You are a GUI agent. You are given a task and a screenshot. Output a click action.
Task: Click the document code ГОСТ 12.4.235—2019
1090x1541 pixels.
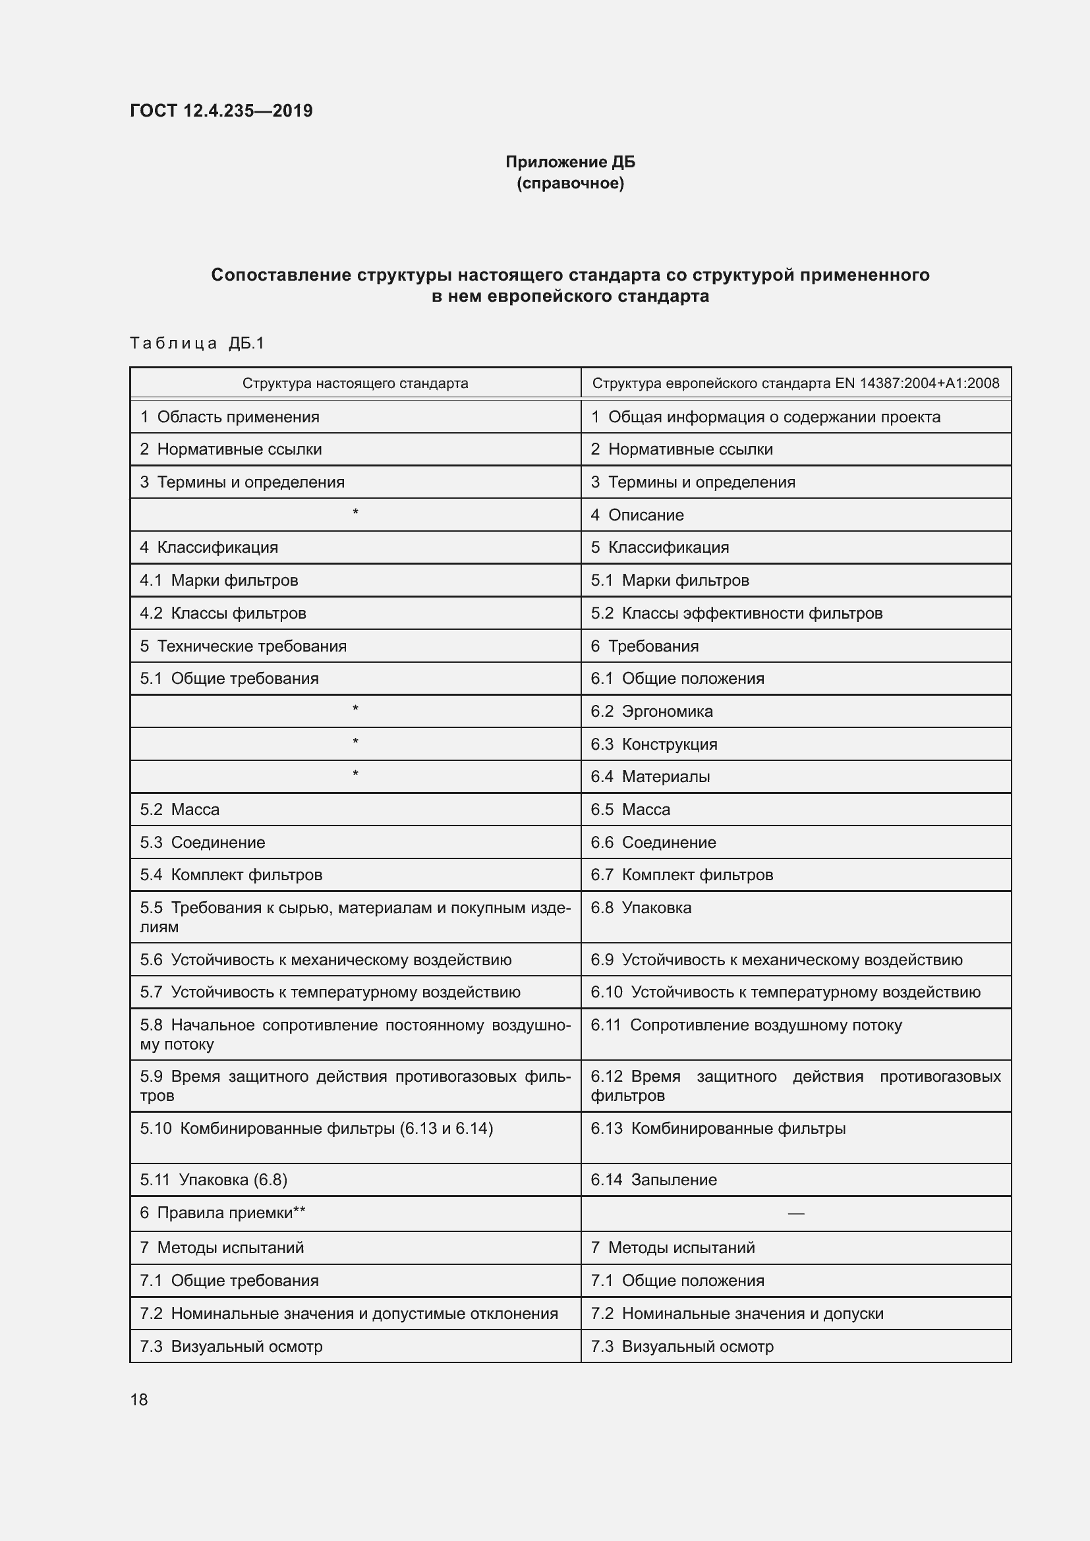[221, 111]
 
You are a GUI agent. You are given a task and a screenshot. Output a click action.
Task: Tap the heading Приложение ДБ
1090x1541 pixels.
[570, 162]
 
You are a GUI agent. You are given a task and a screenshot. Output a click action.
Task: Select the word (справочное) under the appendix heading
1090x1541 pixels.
[570, 183]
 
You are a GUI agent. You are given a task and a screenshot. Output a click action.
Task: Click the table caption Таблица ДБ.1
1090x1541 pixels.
[197, 344]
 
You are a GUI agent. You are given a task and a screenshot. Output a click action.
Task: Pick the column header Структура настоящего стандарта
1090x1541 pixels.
[355, 383]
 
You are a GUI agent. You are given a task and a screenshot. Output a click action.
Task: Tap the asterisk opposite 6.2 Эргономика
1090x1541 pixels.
[355, 710]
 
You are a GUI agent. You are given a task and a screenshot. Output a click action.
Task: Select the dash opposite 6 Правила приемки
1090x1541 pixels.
[795, 1214]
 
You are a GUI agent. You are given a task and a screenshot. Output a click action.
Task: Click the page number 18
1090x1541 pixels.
[139, 1399]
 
